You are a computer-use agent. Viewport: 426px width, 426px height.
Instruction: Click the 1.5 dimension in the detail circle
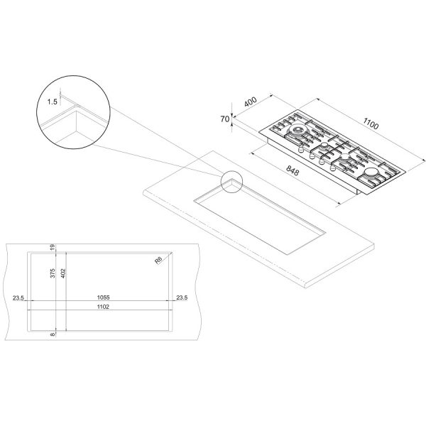[x=52, y=102]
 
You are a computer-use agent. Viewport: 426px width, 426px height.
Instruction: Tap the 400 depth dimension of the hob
[x=251, y=102]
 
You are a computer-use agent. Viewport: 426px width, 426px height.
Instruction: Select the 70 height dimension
[x=225, y=119]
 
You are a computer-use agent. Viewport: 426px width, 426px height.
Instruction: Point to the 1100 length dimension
[x=371, y=124]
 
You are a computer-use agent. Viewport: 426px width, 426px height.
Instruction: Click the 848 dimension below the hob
[x=293, y=170]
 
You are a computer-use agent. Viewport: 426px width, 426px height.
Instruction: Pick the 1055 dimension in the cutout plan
[x=103, y=297]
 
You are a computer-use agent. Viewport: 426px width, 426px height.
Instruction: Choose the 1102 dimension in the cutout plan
[x=103, y=307]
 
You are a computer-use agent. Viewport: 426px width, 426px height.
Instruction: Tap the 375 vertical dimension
[x=53, y=273]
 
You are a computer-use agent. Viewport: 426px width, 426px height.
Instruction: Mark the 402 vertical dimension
[x=63, y=273]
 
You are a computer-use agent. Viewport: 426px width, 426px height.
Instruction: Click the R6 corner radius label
[x=158, y=260]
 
